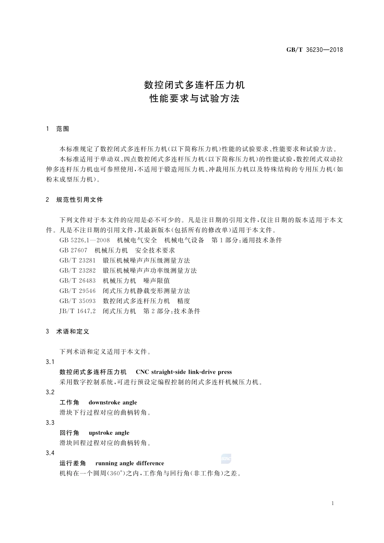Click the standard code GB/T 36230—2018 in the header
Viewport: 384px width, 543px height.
(314, 50)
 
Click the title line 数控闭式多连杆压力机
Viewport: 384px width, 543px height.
(194, 85)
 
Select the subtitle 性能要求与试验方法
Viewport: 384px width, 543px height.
(194, 99)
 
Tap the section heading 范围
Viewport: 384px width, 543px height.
(63, 129)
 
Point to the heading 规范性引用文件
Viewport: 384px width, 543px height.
(80, 200)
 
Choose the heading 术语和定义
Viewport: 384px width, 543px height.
(73, 331)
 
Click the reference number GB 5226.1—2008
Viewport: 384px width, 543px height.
(84, 240)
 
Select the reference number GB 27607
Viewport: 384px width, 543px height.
(73, 250)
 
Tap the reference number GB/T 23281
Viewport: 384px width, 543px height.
(78, 261)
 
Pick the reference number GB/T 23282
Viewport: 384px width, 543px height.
(78, 271)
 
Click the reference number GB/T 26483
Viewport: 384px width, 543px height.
(78, 281)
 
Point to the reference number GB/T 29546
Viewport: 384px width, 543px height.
(78, 291)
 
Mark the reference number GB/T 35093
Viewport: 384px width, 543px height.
(78, 301)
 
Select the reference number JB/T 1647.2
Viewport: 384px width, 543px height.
(78, 311)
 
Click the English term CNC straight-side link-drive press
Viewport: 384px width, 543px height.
(184, 372)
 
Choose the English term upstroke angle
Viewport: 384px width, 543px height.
(109, 433)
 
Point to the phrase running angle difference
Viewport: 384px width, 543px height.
(130, 463)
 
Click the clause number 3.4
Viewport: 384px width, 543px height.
(50, 453)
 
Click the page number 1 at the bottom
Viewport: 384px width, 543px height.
(332, 503)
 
